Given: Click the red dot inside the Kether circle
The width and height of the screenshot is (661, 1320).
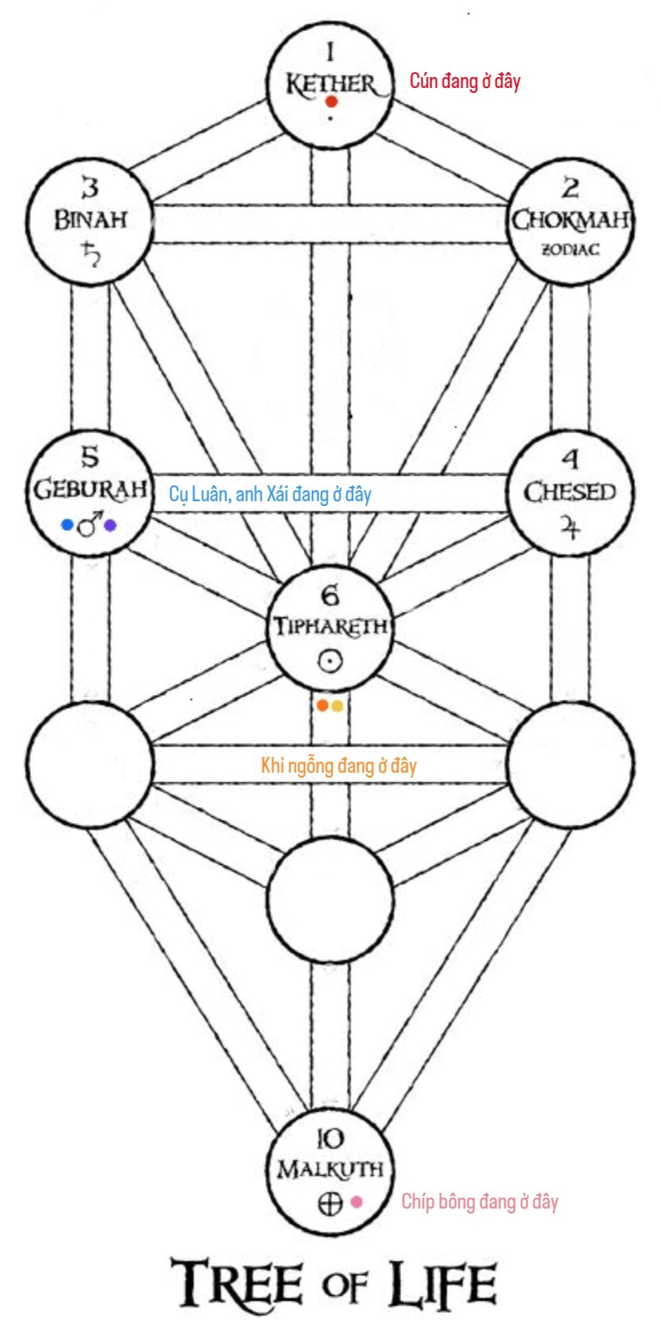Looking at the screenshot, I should point(332,102).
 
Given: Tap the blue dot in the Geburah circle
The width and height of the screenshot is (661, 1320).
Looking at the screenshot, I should point(67,525).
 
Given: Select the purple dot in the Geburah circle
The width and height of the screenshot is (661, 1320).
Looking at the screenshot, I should point(110,526).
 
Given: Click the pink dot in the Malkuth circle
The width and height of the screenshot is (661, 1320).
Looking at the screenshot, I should point(356,1202).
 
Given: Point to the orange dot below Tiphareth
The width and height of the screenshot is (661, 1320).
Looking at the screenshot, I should point(323,705).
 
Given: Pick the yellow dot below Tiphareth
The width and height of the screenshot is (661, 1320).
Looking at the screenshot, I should point(336,705).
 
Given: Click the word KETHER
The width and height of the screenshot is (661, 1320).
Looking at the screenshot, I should point(331,84).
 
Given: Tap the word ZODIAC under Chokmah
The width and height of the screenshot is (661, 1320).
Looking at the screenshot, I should point(570,249).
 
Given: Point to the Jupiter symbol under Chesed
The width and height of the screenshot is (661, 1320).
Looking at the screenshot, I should point(570,528).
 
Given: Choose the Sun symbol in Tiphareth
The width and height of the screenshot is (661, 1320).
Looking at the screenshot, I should point(330,661).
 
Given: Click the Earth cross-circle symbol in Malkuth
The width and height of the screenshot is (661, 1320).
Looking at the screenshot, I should point(330,1203).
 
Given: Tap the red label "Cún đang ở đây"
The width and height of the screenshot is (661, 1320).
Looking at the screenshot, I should point(465,81).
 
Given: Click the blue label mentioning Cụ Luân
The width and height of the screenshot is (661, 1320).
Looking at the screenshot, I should point(270,494).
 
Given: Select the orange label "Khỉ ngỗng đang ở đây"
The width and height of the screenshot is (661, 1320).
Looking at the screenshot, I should point(338,765).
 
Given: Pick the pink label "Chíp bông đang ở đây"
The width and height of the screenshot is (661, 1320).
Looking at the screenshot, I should point(479,1202).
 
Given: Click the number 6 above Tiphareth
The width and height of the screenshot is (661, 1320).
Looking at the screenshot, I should point(330,595).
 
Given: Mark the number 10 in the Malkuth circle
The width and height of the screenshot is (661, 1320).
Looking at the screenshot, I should point(330,1139).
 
